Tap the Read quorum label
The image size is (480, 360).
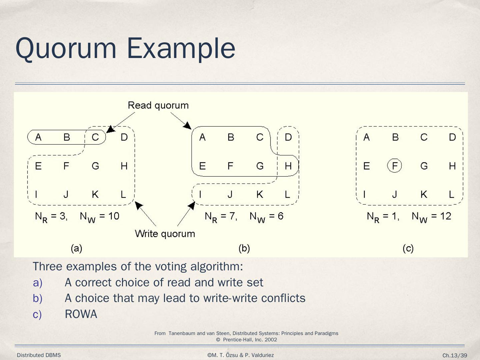(158, 105)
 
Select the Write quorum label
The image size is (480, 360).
(165, 234)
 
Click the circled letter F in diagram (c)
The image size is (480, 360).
(395, 166)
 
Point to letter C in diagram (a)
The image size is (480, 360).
(95, 137)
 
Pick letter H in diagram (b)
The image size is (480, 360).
(288, 166)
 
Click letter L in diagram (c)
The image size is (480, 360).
(452, 194)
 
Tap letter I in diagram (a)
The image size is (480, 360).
(36, 194)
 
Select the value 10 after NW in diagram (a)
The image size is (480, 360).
(114, 216)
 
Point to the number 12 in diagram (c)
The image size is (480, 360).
(445, 216)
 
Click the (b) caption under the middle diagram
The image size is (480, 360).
(244, 248)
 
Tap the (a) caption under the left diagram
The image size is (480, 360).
(76, 248)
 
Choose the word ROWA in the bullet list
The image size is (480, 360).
(81, 314)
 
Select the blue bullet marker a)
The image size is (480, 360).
(38, 283)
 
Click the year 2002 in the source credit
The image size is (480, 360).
(271, 340)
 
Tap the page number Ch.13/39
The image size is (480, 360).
(455, 355)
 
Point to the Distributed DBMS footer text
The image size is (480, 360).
(39, 355)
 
